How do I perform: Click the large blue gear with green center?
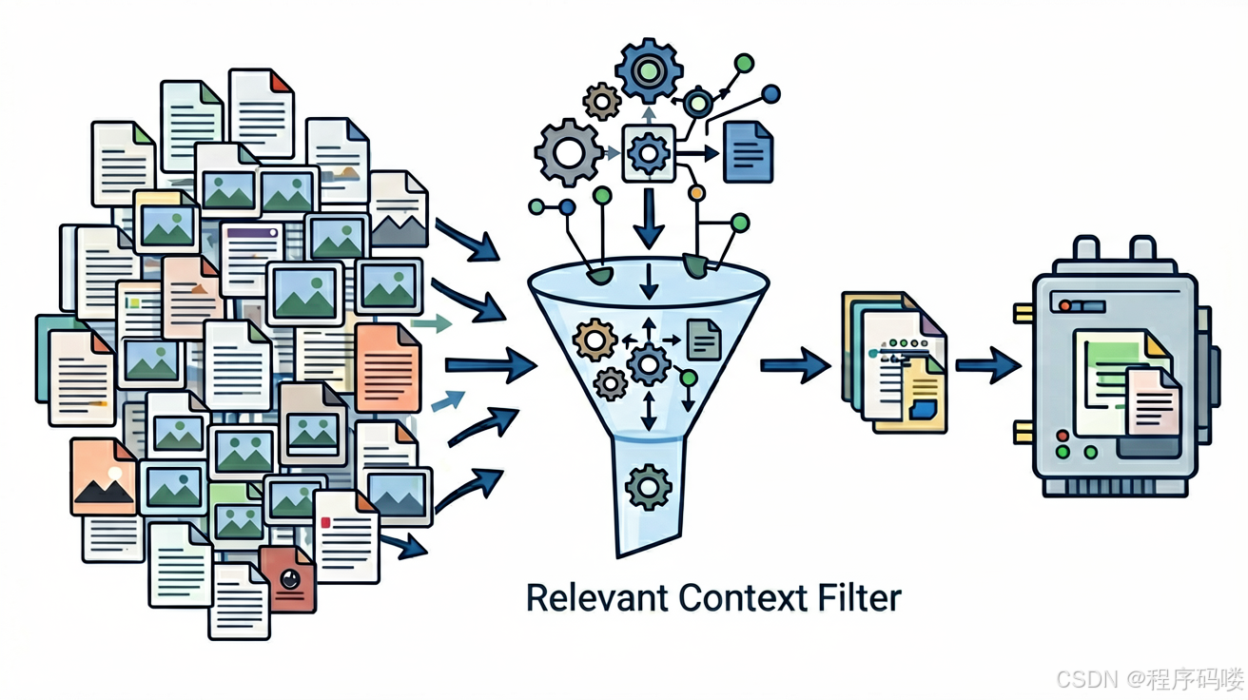649,70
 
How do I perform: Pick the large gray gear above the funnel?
568,152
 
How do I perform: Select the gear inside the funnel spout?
648,487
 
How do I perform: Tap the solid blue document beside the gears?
748,152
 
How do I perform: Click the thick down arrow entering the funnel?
649,218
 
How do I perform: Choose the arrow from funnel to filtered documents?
795,365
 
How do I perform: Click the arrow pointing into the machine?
988,365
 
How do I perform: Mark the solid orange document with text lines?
388,367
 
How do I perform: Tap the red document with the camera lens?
288,579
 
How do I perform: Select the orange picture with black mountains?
104,477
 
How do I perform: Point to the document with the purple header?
251,260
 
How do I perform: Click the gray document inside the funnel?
704,340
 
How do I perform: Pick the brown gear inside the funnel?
595,340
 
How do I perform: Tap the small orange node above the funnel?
696,193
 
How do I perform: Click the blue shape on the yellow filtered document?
923,410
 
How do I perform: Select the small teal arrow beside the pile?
431,323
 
